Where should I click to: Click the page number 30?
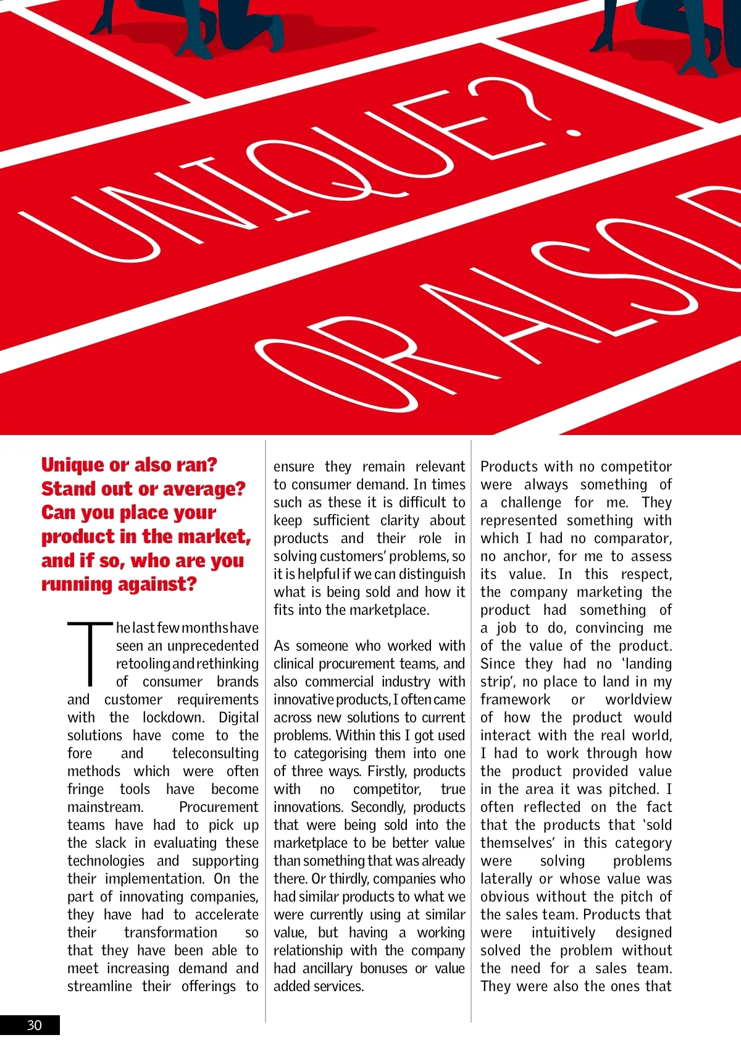coord(34,1025)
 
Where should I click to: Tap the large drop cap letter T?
coord(90,654)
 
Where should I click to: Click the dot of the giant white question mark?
coord(574,132)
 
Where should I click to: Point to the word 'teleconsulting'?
coord(216,753)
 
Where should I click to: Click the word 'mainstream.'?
coord(105,807)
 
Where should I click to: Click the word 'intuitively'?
coord(563,932)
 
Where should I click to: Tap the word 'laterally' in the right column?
coord(506,879)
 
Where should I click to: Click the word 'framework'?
coord(515,699)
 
